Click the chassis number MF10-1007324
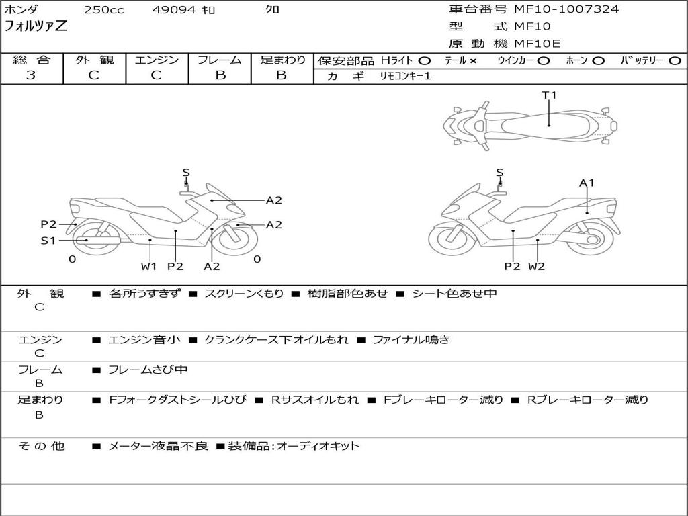(x=566, y=9)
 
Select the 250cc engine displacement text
(x=103, y=10)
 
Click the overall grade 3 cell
(x=32, y=75)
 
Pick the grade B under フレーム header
(x=220, y=75)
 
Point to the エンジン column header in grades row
(x=157, y=60)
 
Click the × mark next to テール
(x=473, y=60)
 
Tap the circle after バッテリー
(x=674, y=60)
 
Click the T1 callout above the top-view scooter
(x=550, y=95)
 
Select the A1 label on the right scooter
(x=587, y=183)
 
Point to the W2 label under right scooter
(x=536, y=267)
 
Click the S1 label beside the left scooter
(x=48, y=240)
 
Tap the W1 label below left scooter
(x=148, y=267)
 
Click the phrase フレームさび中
(x=148, y=370)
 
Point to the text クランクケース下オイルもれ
(x=276, y=340)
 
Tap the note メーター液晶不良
(x=159, y=446)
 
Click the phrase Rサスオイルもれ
(x=314, y=400)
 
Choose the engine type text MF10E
(x=537, y=44)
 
